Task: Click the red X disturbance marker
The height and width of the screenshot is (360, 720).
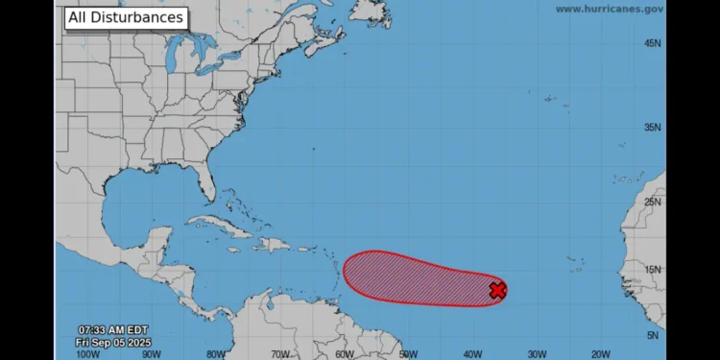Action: pos(497,290)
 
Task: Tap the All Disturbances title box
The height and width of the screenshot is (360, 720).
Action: pos(125,17)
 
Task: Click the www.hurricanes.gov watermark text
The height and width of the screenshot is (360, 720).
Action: pos(610,9)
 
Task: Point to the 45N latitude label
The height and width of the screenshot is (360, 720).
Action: pos(653,43)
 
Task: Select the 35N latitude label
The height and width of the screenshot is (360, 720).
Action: pos(653,127)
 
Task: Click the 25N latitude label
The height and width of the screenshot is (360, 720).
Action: pos(653,202)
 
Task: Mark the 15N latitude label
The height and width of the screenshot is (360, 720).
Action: pos(653,270)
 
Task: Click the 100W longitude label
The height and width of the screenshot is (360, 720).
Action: pos(86,353)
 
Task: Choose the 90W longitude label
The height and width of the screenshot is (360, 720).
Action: pos(152,353)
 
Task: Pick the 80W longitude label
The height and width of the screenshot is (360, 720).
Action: pos(217,353)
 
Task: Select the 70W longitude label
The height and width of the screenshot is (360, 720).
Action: pos(280,353)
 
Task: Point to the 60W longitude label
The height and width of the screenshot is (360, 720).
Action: pos(345,353)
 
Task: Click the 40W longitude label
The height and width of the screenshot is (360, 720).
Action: pos(472,353)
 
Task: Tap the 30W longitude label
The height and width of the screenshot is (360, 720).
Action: pos(537,353)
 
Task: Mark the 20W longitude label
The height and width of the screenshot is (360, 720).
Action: pos(601,353)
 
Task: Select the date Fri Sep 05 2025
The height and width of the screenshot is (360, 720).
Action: pos(113,342)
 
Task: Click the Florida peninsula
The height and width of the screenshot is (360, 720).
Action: pos(204,182)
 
